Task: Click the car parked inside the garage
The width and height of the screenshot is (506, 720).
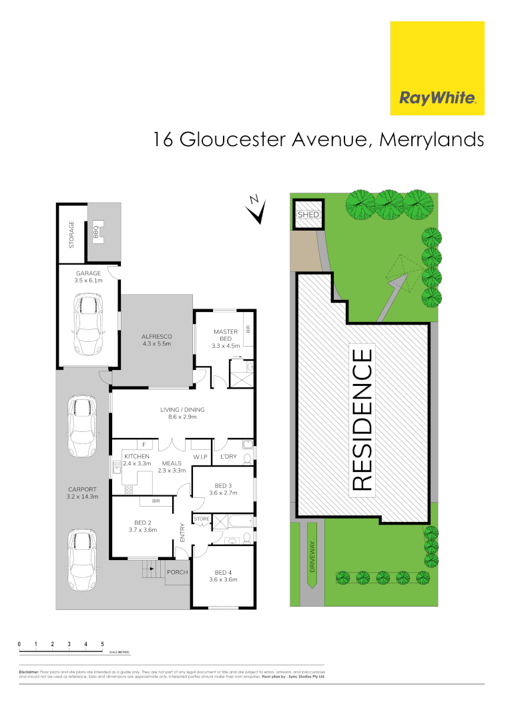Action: pyautogui.click(x=88, y=324)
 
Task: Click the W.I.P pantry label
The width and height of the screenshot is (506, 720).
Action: pyautogui.click(x=200, y=457)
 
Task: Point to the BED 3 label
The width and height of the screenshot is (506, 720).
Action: pyautogui.click(x=224, y=485)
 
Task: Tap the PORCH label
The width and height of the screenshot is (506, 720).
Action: pyautogui.click(x=177, y=572)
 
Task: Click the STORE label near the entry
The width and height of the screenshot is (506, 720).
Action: pyautogui.click(x=201, y=518)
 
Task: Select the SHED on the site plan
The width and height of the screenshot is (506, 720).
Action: pyautogui.click(x=308, y=215)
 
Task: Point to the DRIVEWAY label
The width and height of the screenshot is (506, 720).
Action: pyautogui.click(x=312, y=556)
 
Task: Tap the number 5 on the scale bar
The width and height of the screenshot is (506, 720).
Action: pyautogui.click(x=102, y=643)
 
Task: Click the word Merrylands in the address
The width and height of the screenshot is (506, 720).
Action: pyautogui.click(x=430, y=141)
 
